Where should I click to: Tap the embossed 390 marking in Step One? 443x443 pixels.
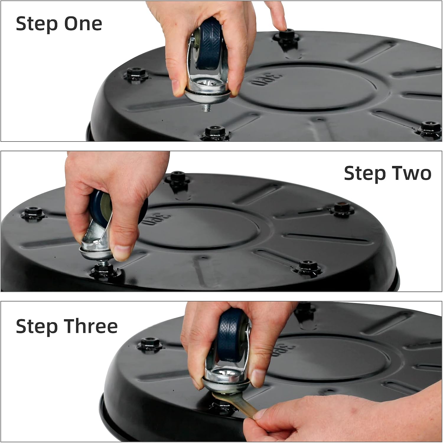coord(266,78)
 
